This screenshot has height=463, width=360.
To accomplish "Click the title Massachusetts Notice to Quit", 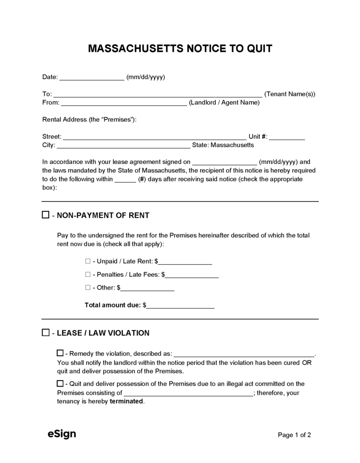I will point(180,49).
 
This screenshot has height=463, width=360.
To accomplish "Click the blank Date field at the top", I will point(92,78).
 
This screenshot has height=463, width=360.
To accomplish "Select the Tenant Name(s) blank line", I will point(158,95).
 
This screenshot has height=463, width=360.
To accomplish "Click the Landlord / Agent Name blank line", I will point(124,103).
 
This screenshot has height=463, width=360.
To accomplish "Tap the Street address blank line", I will point(154,137).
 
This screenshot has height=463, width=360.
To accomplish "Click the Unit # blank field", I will point(287,137).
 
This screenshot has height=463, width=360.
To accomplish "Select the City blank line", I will point(123,146).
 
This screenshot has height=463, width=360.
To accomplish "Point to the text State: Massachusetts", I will point(223,145).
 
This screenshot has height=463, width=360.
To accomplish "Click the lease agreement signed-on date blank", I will point(225,163).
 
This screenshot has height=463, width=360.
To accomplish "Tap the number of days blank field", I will point(125,179).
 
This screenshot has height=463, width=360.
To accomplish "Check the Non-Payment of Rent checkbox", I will point(45,215).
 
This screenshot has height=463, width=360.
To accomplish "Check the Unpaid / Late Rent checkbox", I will point(88,261).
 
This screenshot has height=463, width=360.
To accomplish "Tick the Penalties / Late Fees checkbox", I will point(88,274).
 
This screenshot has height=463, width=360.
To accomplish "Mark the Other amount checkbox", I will point(88,287).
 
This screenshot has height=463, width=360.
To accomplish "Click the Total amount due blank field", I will point(180,306).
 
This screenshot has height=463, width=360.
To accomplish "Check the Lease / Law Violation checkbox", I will point(45,333).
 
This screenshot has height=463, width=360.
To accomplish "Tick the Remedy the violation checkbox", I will point(60,353).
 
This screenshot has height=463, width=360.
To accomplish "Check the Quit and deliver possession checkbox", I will point(60,383).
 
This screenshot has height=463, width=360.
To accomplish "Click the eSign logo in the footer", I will point(61,434).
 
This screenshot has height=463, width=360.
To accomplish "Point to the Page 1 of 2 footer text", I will point(294,435).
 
